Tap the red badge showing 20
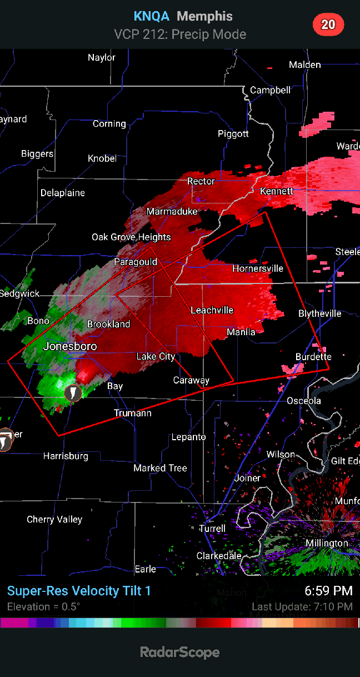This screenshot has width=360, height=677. point(328,24)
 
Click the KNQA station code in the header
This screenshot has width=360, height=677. point(151,17)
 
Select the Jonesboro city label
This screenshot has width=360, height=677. point(70,346)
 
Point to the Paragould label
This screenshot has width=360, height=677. point(136,262)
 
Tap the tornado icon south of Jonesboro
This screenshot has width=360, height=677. point(72,393)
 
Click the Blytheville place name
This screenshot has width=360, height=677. point(320,313)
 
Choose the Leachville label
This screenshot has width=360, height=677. point(212,310)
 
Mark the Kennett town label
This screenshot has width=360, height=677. point(277,191)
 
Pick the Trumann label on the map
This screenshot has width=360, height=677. point(133,413)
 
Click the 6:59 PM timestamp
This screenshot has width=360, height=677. point(328,591)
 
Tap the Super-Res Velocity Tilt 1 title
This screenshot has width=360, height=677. point(79,591)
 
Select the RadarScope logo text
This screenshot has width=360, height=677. point(180,653)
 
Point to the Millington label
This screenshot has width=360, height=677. point(327,543)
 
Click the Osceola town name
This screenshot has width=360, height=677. point(304,401)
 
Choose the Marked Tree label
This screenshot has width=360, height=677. point(160,468)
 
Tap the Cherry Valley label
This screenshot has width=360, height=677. point(54,520)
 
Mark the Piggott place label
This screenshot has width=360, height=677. point(233,134)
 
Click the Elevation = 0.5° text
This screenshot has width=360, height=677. point(43,606)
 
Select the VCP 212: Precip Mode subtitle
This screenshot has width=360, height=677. point(180,34)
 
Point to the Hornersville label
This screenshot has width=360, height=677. point(258,268)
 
